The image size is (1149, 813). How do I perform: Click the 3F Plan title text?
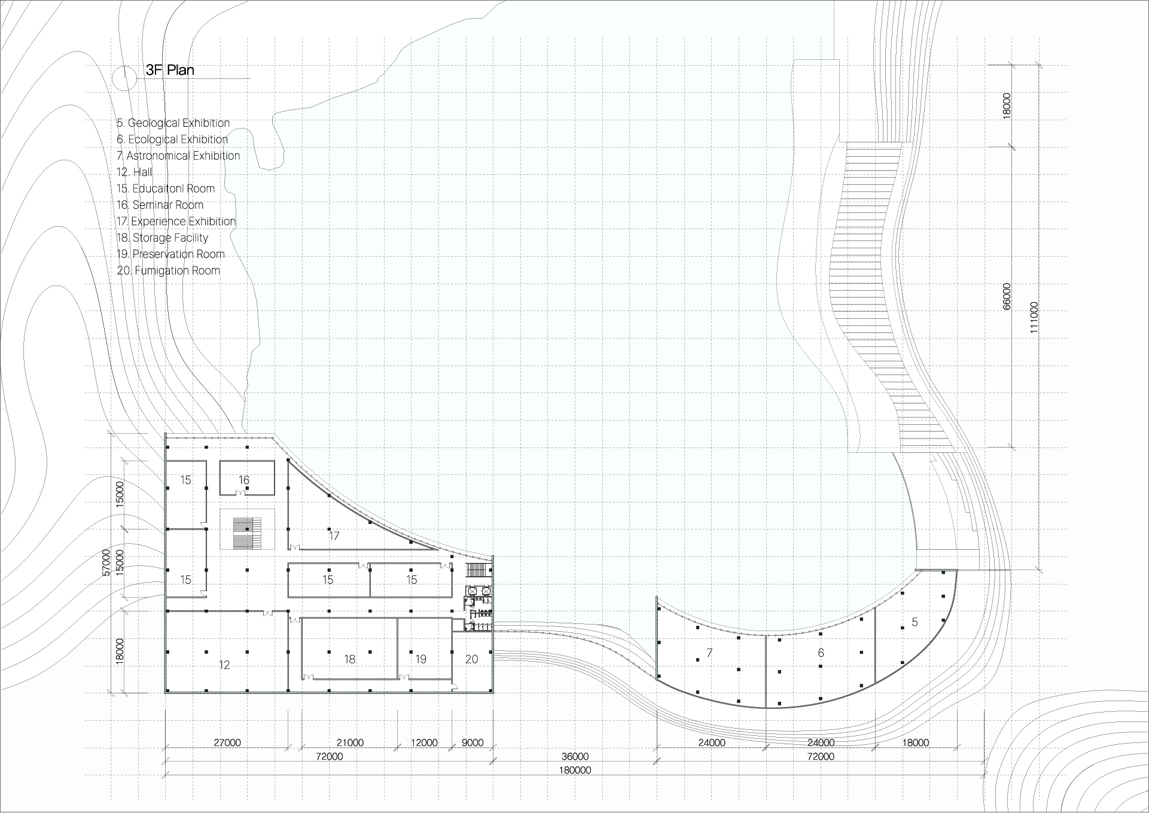tap(170, 70)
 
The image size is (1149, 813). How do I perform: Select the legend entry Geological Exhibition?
tap(173, 123)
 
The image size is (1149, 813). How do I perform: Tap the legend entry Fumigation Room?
tap(169, 270)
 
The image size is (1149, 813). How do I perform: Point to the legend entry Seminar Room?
tap(160, 205)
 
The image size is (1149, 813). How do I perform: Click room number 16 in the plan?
tap(244, 480)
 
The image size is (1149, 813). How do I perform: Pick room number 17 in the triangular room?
tap(334, 536)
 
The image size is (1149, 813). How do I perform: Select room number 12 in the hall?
tap(224, 665)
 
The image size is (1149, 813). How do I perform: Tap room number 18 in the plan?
tap(350, 659)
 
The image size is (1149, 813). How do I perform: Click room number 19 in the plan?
tap(421, 659)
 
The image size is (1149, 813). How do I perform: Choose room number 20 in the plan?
tap(472, 659)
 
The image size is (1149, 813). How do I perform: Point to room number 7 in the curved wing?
tap(710, 653)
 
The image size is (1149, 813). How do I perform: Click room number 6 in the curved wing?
tap(821, 653)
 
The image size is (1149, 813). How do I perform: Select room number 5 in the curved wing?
tap(915, 622)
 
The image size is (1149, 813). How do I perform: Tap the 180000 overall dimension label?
tap(575, 771)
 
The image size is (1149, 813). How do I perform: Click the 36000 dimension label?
tap(575, 757)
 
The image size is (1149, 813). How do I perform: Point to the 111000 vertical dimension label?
tap(1035, 318)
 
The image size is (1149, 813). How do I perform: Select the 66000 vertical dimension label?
tap(1007, 297)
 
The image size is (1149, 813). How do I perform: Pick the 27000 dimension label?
tap(227, 743)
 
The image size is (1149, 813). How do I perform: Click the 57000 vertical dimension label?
tap(106, 562)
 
